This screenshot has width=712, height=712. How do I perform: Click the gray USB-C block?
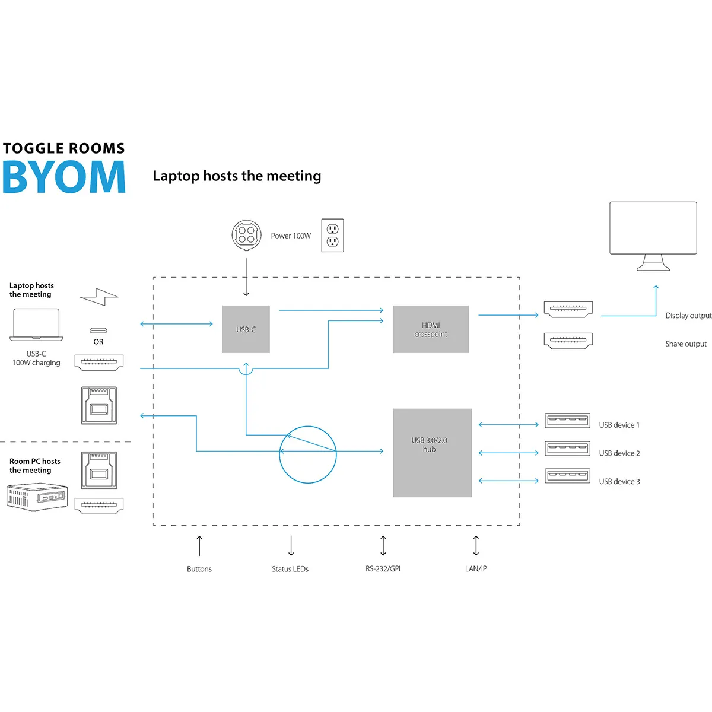(246, 329)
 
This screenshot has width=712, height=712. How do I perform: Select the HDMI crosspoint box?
(431, 329)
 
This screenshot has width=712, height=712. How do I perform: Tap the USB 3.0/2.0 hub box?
(432, 453)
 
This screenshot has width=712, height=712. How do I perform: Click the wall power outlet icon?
(332, 236)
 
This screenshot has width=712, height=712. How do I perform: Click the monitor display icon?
(653, 235)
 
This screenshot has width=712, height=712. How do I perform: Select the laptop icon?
(36, 325)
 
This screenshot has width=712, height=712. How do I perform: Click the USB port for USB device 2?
(567, 449)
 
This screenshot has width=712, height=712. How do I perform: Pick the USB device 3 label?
(619, 482)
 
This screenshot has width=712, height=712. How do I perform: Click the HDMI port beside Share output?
(568, 340)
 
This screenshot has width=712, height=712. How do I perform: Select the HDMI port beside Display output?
(568, 309)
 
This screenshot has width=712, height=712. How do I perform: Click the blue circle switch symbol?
(307, 454)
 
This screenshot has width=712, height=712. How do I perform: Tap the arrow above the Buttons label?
(199, 545)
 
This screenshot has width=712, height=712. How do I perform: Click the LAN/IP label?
(476, 569)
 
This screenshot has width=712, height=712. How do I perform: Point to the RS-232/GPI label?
(383, 569)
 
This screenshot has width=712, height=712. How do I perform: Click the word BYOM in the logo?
(64, 177)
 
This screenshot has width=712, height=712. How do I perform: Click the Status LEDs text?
(290, 569)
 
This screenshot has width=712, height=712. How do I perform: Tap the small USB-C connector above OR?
(98, 330)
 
